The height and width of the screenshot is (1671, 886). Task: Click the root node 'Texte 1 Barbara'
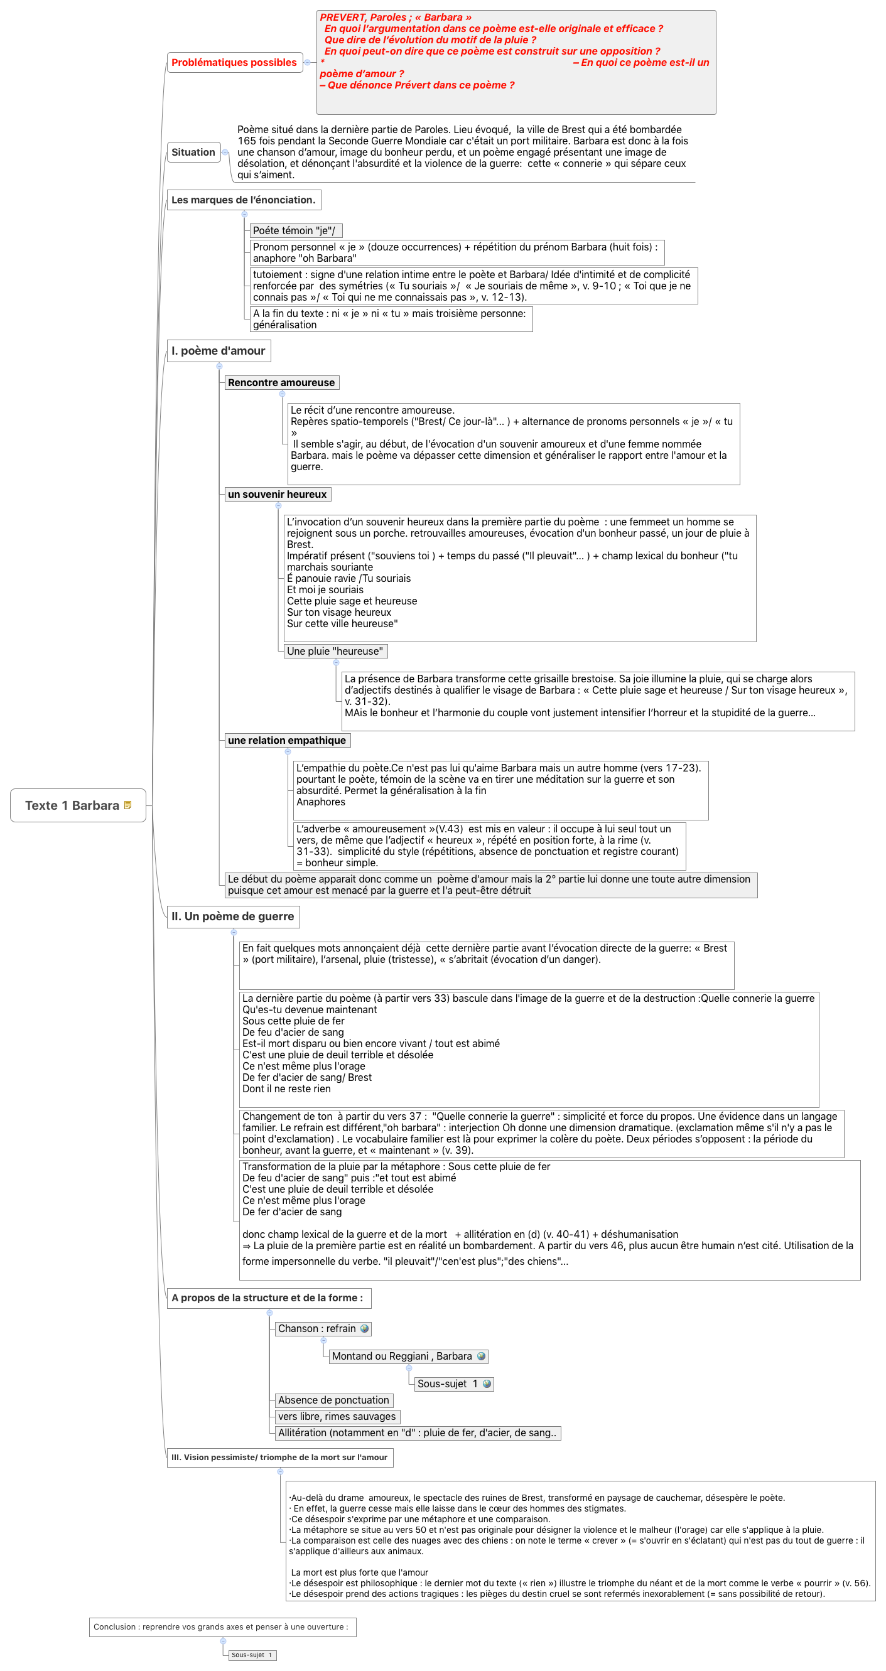click(x=72, y=805)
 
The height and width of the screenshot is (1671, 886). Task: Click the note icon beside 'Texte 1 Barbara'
click(x=128, y=805)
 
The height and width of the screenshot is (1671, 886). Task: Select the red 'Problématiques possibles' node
click(x=234, y=62)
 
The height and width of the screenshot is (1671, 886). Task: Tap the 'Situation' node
click(x=193, y=153)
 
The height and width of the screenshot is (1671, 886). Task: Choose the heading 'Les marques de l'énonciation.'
click(x=244, y=200)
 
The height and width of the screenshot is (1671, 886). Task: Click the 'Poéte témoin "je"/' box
click(x=295, y=230)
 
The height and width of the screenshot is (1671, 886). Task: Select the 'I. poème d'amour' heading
click(x=219, y=351)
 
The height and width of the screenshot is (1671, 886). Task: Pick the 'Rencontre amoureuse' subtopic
click(x=281, y=383)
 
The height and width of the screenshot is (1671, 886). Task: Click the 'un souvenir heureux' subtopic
click(x=277, y=494)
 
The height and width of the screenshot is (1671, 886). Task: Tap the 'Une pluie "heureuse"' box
click(x=335, y=652)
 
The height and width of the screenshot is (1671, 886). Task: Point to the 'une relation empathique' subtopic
click(x=287, y=740)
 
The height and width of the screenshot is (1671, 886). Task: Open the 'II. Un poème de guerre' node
click(x=232, y=916)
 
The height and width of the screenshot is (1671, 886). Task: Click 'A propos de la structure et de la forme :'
click(x=268, y=1298)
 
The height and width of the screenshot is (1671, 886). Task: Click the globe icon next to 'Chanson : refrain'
click(x=365, y=1328)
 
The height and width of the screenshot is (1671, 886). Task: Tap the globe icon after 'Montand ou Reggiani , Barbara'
click(x=481, y=1357)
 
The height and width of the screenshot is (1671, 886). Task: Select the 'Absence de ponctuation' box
click(x=333, y=1400)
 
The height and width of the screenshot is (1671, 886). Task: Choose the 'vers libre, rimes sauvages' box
click(x=337, y=1416)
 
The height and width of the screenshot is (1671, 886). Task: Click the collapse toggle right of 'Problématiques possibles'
click(x=308, y=62)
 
